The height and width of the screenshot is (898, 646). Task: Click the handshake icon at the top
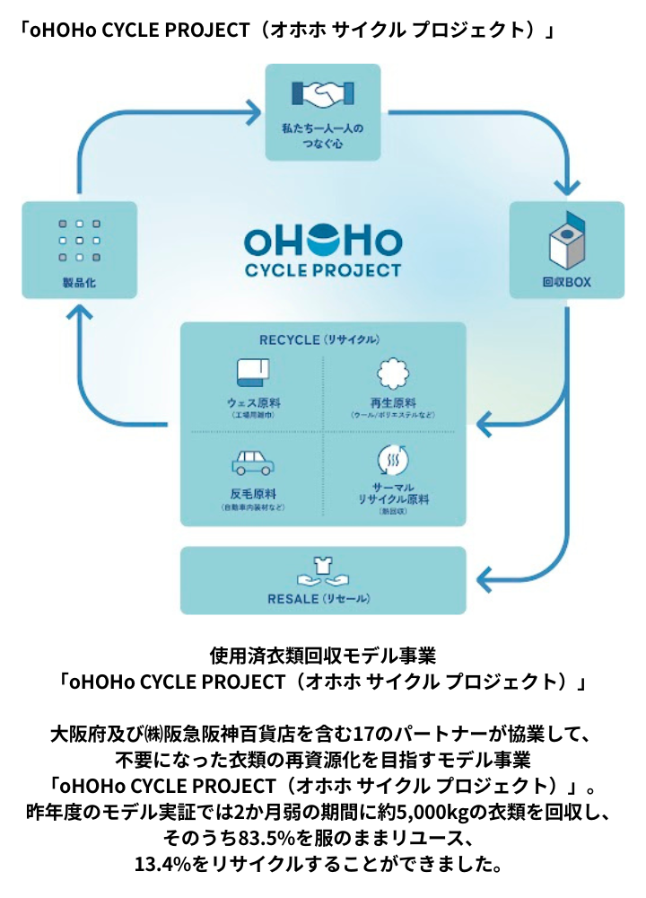click(323, 93)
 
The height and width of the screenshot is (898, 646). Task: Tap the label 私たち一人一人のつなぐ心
click(323, 136)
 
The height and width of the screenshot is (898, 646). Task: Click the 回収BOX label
click(566, 282)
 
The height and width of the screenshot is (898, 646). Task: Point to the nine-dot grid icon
click(79, 241)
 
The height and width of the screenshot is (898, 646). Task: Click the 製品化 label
click(79, 282)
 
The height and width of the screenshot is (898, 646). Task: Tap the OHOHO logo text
click(323, 241)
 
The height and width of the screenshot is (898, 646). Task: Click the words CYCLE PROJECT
click(323, 269)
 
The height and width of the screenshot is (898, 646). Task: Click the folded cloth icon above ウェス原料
click(253, 373)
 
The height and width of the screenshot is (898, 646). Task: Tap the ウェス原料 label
click(253, 403)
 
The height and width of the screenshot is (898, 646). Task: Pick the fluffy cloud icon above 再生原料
click(392, 373)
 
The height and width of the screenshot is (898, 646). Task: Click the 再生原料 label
click(392, 403)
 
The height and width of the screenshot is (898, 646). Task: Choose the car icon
click(253, 462)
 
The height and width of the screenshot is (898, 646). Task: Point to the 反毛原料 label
click(253, 494)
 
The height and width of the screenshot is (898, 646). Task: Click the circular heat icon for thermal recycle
click(392, 461)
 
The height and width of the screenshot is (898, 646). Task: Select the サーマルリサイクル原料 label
click(392, 493)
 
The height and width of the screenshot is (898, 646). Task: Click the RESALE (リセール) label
click(321, 598)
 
